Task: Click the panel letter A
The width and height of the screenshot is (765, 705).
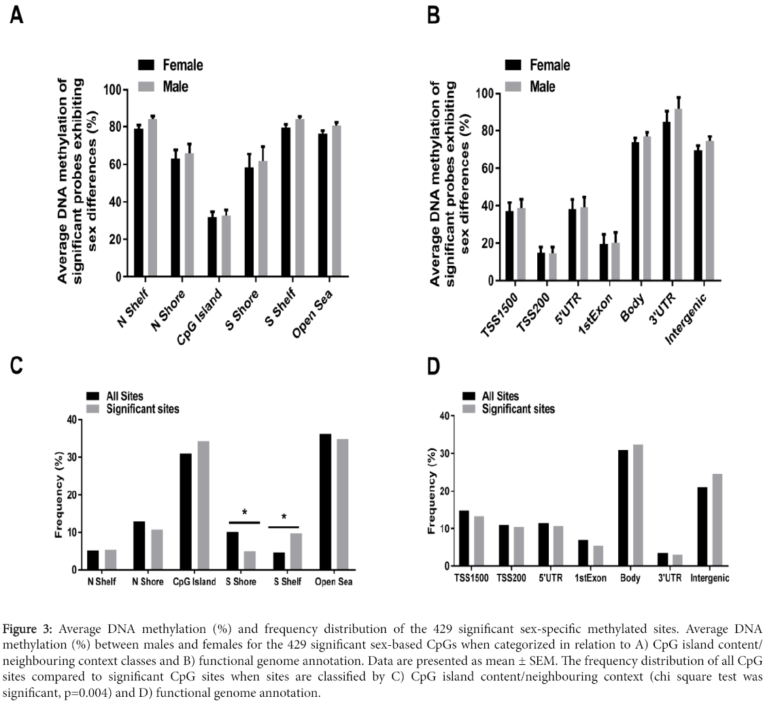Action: click(17, 16)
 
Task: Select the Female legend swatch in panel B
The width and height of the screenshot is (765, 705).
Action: click(513, 65)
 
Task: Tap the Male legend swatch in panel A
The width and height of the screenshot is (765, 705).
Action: click(146, 86)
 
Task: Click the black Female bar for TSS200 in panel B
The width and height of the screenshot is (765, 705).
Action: click(541, 266)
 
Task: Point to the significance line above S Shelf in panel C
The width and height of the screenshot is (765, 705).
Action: click(284, 527)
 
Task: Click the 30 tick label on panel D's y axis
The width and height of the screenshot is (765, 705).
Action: click(446, 453)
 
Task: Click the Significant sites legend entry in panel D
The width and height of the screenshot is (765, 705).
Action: click(517, 409)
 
